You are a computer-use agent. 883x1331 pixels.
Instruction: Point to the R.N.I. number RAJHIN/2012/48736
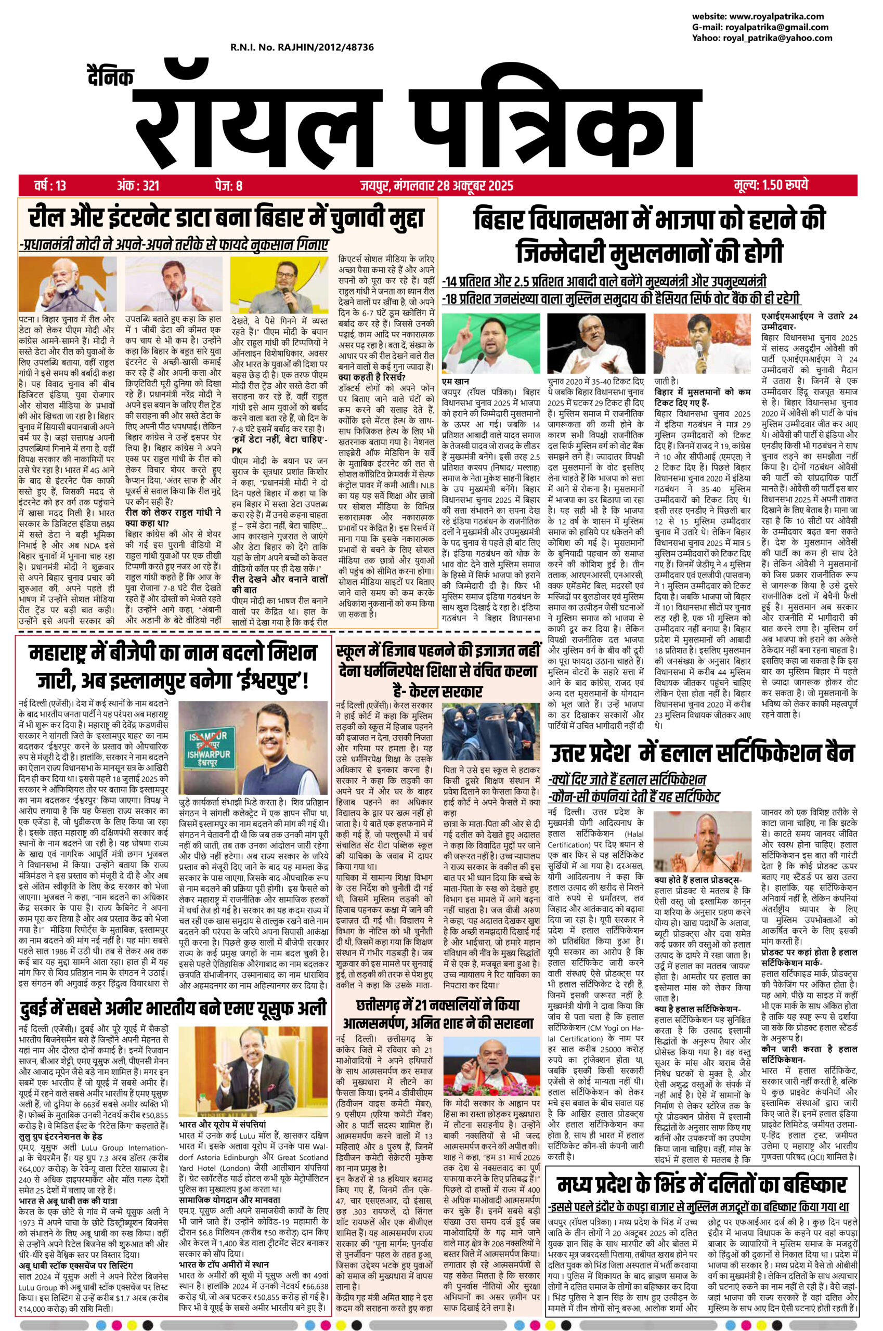click(302, 48)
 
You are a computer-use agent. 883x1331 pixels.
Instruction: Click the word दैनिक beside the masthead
click(110, 80)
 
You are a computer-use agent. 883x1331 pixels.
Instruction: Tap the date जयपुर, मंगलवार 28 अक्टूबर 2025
click(433, 185)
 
